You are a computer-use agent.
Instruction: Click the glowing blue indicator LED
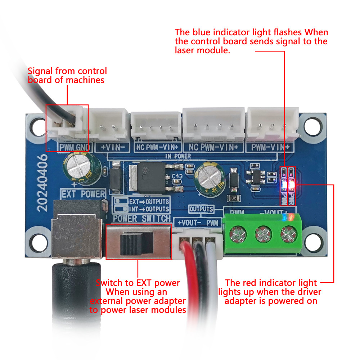tap(284, 185)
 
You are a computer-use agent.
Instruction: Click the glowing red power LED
tap(292, 185)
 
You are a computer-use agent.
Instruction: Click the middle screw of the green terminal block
tap(262, 236)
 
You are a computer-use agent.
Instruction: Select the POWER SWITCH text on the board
tap(142, 219)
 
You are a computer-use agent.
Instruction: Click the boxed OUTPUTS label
tap(201, 209)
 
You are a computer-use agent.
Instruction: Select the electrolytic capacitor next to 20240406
tap(78, 166)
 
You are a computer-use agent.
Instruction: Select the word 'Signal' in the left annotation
tap(41, 71)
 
